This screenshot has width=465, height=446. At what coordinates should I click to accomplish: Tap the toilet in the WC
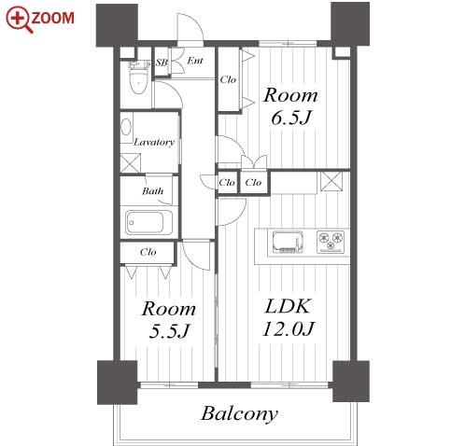click(137, 78)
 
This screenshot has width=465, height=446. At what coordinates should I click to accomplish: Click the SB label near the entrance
click(162, 63)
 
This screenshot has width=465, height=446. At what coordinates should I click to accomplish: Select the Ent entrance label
click(195, 61)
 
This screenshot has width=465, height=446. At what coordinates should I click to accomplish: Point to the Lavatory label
click(154, 142)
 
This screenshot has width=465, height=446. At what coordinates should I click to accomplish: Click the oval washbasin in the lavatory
click(126, 127)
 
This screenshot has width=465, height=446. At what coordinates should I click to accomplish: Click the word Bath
click(152, 191)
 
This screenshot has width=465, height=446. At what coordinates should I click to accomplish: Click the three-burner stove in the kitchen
click(331, 242)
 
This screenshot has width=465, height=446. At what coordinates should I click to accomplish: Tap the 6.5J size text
click(290, 118)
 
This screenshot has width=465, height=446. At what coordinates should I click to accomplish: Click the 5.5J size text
click(169, 331)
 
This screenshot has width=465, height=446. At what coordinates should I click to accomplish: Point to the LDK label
click(288, 306)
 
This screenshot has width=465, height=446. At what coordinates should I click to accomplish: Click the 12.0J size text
click(288, 329)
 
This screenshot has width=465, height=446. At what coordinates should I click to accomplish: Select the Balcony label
click(239, 414)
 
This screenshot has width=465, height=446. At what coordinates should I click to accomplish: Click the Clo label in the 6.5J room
click(228, 80)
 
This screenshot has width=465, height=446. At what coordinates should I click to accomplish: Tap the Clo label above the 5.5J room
click(148, 252)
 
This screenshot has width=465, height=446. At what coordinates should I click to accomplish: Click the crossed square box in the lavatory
click(131, 163)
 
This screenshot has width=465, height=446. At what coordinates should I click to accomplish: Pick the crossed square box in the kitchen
click(331, 181)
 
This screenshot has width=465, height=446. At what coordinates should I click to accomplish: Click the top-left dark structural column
click(117, 25)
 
